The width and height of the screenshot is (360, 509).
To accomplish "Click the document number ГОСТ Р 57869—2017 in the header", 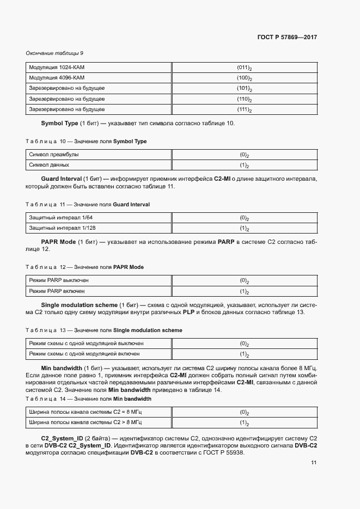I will pos(286,38).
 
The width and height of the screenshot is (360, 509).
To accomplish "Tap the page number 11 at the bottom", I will pos(314,463).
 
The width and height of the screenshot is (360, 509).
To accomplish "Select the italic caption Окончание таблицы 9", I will pos(54,53).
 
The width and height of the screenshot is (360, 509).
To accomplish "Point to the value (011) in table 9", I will pos(243,68).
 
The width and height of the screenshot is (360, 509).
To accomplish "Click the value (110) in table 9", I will pos(243,99).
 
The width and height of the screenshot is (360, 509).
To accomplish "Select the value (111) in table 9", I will pos(243,109).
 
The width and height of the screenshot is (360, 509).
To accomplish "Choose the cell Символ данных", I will pos(49,164).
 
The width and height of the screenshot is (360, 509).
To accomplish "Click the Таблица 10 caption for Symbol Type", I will pos(86,142).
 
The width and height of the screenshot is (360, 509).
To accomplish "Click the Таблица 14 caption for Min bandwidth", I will pos(88,398).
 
